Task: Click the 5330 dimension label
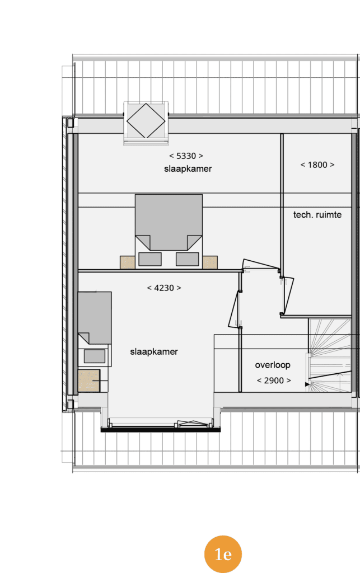[x=186, y=156]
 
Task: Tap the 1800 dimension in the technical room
[x=317, y=165]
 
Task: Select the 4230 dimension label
[x=163, y=288]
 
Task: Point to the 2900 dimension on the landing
[x=274, y=381]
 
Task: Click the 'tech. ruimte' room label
[x=317, y=214]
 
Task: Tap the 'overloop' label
[x=273, y=365]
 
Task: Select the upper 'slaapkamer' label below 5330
[x=188, y=169]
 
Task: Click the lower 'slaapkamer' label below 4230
[x=154, y=352]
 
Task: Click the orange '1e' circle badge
[x=223, y=554]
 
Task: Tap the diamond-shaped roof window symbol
[x=146, y=121]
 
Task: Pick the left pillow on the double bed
[x=150, y=259]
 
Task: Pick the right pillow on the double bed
[x=187, y=259]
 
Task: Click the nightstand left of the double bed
[x=128, y=262]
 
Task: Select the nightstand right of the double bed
[x=210, y=262]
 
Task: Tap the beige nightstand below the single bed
[x=89, y=381]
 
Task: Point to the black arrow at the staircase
[x=307, y=384]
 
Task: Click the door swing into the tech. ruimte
[x=288, y=295]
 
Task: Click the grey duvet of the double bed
[x=169, y=222]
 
